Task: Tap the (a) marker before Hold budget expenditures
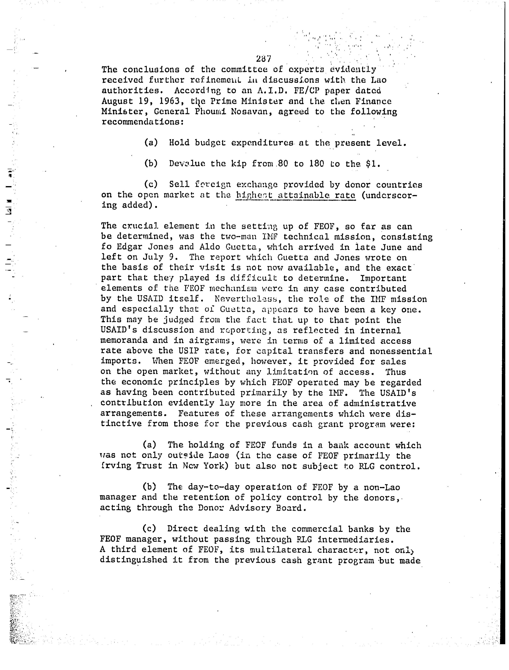tap(151, 143)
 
